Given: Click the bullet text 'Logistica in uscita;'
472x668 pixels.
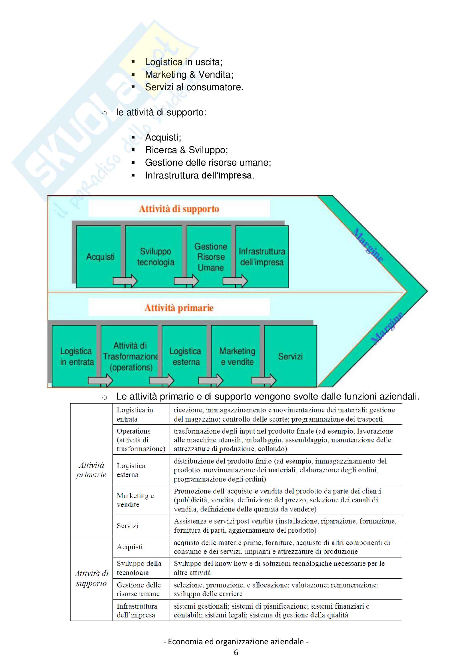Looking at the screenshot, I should (184, 62).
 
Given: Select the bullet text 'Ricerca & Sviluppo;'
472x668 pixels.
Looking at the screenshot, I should (186, 150).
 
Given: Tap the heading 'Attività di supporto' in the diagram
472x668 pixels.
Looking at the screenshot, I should (179, 209).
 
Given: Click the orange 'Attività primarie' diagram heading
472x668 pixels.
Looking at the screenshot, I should (179, 308).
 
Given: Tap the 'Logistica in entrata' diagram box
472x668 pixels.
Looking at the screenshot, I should (77, 356).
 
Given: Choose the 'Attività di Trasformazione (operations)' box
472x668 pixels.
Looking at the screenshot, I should (130, 356).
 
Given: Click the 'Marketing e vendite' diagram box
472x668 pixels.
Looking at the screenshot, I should (237, 356).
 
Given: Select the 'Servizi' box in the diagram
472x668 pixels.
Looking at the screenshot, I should (290, 356).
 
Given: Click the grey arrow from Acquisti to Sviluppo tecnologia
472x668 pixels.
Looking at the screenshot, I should (125, 281).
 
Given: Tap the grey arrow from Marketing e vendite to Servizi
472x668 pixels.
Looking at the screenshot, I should (264, 380).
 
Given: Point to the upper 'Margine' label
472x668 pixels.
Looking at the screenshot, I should (368, 245).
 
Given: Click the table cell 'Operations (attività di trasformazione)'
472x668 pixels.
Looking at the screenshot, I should (141, 440).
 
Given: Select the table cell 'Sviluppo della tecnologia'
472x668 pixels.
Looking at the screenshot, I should (139, 568).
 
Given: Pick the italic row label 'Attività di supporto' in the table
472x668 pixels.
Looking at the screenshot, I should (91, 578).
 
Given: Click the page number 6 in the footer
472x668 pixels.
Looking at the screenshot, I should (236, 653).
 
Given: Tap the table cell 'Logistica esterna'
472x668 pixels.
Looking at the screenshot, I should (130, 470).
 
